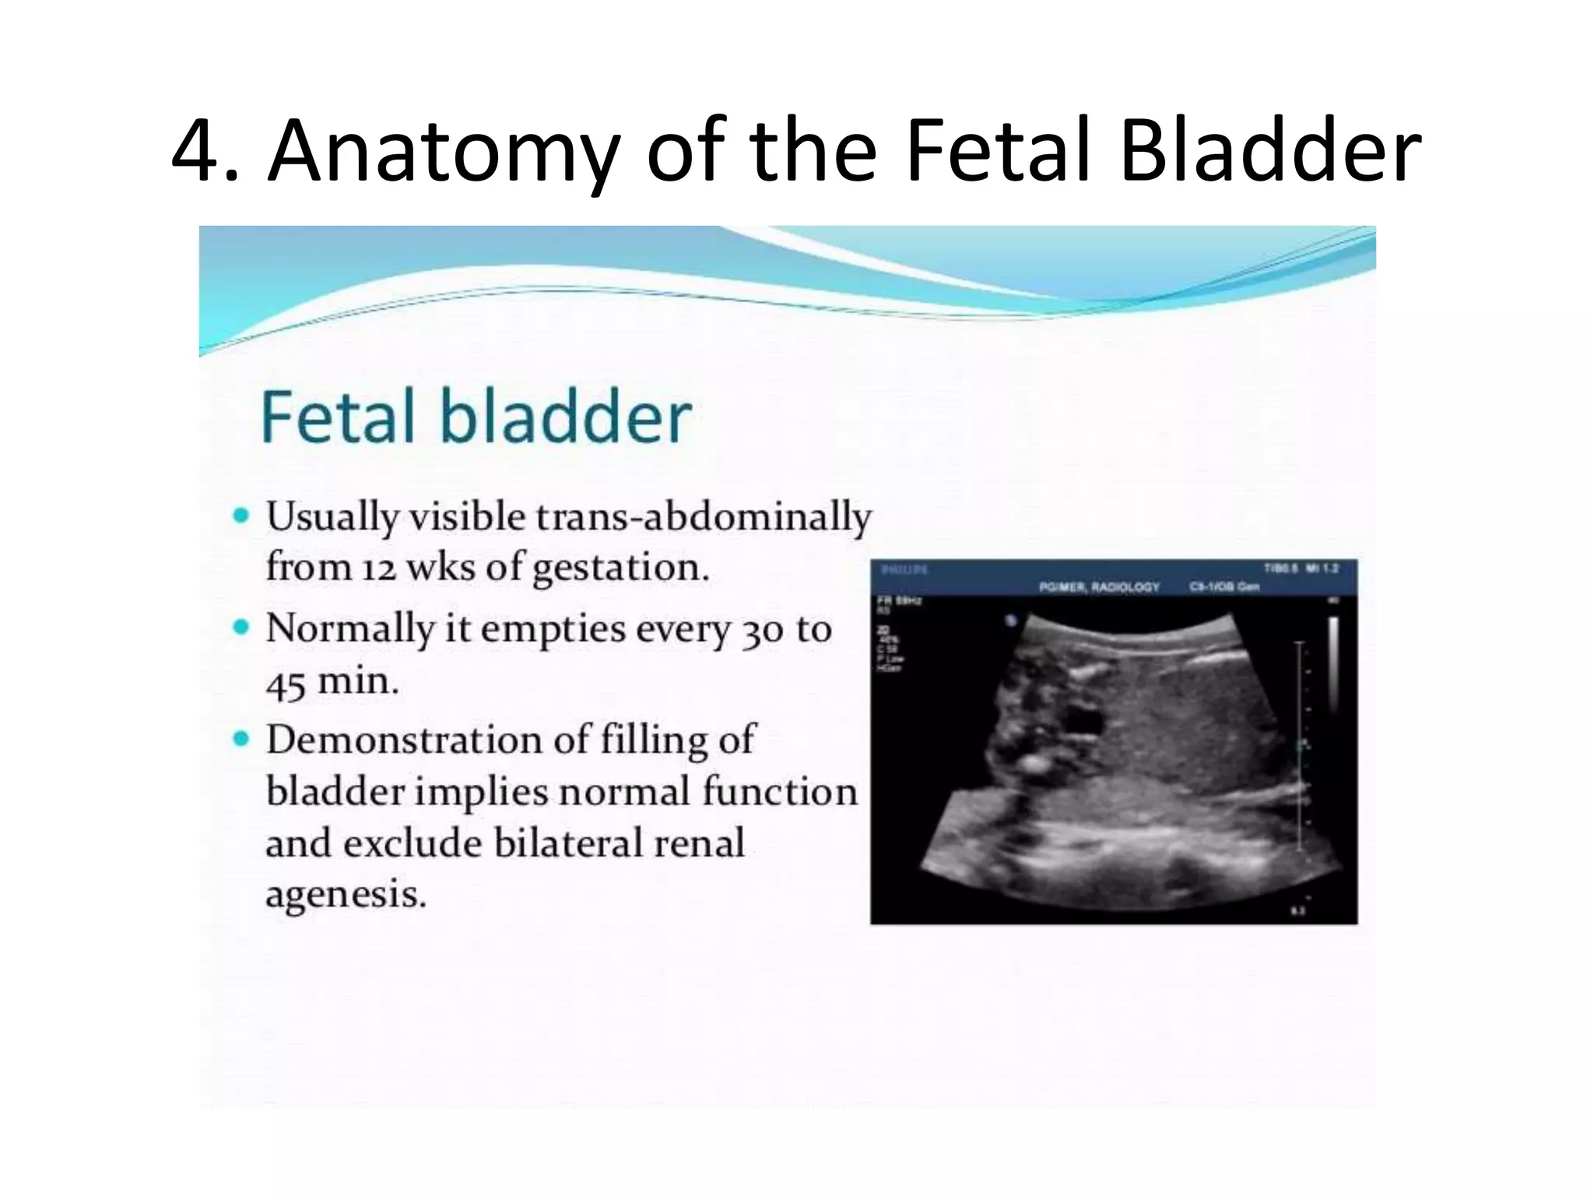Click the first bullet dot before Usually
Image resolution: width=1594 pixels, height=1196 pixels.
242,515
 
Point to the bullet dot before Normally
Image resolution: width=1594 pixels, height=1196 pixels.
242,627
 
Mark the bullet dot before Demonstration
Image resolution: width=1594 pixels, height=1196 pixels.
242,738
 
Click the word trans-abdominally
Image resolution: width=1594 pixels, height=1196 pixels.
705,517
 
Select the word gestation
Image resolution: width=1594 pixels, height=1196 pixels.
620,568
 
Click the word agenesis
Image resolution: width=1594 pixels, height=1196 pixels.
346,895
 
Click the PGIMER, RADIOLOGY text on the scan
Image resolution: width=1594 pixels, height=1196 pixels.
1099,586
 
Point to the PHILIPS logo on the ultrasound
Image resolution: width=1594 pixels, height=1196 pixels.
904,570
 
